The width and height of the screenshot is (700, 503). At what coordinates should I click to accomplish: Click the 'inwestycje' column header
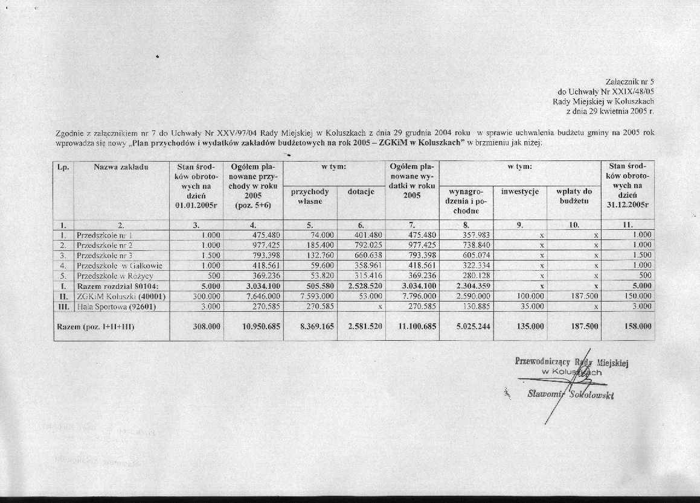click(519, 191)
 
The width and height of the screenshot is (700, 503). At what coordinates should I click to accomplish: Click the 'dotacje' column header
click(361, 192)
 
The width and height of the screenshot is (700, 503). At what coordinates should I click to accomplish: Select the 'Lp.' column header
click(63, 166)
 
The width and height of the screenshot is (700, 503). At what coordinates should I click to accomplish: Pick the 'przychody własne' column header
click(310, 196)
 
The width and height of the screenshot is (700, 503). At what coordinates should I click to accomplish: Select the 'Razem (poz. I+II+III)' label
click(95, 326)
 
